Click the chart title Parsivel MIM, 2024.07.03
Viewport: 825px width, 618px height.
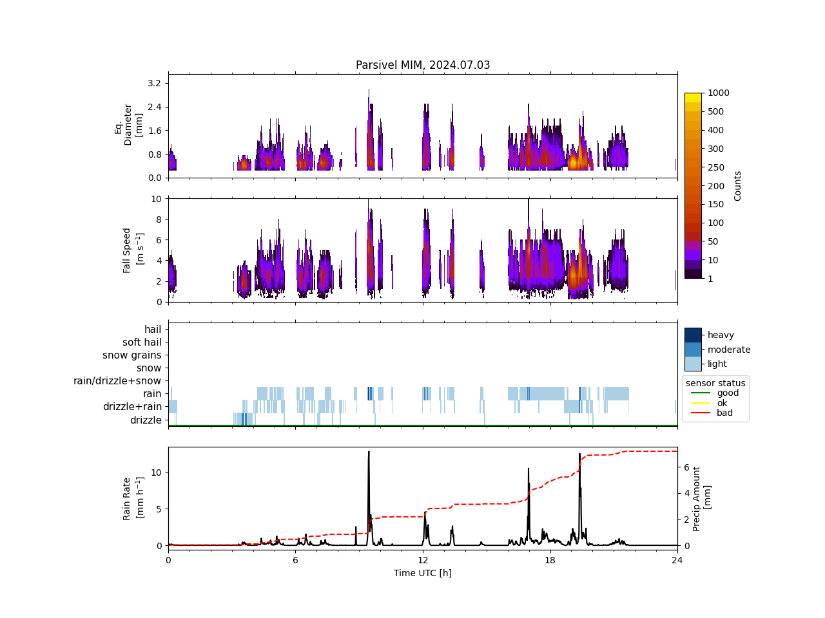(x=423, y=65)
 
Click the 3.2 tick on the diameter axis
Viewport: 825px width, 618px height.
(x=154, y=83)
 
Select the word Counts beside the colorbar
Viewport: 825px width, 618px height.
(x=738, y=186)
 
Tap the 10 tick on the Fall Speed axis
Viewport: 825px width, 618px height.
(x=156, y=199)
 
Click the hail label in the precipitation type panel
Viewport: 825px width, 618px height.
(x=153, y=330)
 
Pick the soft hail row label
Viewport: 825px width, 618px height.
(x=142, y=342)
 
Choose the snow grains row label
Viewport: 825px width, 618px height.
(x=132, y=355)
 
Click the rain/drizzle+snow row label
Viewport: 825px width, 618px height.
(x=117, y=381)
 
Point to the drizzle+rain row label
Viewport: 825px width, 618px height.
(x=132, y=407)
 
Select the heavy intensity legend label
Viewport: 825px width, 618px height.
(x=721, y=335)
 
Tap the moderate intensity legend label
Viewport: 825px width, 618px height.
(x=729, y=350)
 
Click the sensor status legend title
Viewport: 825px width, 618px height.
(x=715, y=383)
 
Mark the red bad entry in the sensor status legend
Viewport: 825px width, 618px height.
(x=724, y=413)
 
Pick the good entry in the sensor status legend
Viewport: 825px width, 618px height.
(x=728, y=393)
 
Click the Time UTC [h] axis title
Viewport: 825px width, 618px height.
(x=423, y=573)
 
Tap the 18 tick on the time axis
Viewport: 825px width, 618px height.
(x=550, y=560)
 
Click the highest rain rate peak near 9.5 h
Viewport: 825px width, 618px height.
(x=369, y=452)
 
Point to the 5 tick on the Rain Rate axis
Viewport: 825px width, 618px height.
(x=159, y=509)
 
